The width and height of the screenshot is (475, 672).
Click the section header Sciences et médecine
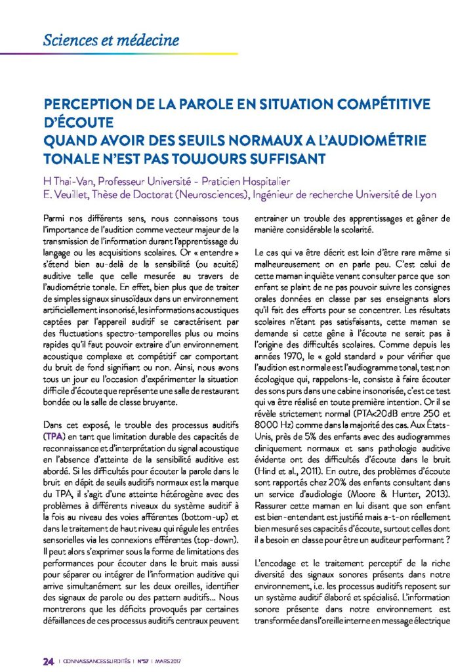coord(111,39)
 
